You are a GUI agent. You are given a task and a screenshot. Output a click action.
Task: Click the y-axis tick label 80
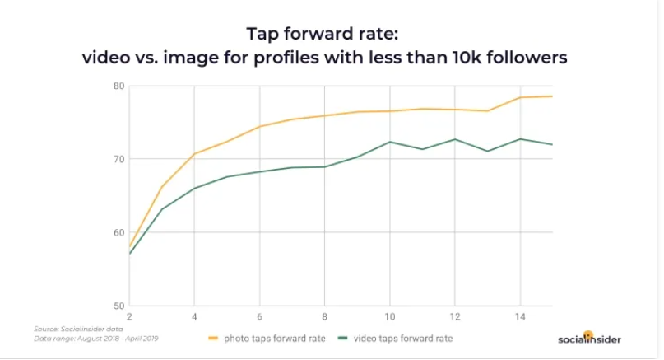click(118, 86)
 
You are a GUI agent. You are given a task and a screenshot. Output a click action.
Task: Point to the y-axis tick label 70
click(118, 159)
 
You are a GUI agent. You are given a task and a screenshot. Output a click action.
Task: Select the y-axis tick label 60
click(118, 232)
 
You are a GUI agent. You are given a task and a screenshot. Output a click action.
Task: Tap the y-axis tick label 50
click(118, 306)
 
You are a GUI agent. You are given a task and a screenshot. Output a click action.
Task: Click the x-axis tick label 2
click(129, 316)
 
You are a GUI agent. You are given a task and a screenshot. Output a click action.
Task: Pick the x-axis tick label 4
click(194, 316)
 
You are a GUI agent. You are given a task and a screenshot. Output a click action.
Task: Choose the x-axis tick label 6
click(259, 316)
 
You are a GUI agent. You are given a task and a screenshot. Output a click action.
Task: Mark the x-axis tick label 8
click(324, 316)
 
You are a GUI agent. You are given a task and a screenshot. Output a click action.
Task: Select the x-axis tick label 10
click(389, 316)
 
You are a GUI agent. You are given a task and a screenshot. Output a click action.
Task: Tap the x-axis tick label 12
click(454, 316)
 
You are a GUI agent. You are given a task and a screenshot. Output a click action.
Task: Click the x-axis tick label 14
click(519, 316)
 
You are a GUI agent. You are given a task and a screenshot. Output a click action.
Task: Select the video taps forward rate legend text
click(403, 338)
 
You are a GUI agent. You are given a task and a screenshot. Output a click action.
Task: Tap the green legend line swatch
click(342, 338)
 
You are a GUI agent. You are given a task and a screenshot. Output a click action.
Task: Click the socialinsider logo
click(589, 338)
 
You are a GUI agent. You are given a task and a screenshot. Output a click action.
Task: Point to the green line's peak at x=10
click(389, 142)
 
